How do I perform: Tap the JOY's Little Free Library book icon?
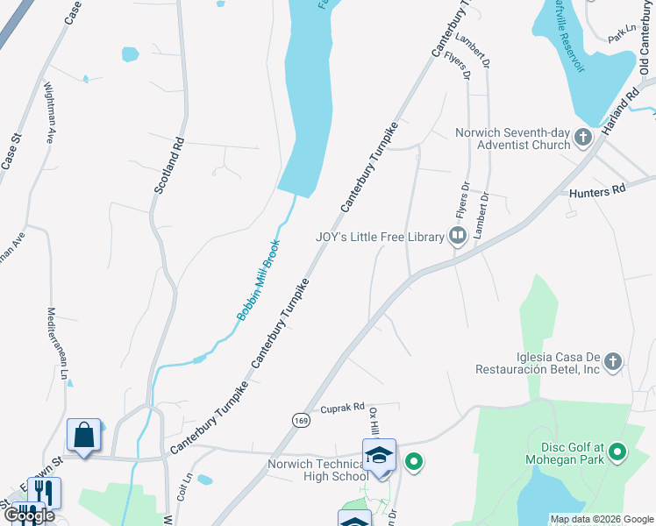click(x=457, y=236)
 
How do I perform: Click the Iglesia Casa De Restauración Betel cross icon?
click(x=613, y=361)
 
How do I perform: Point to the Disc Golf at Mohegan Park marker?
click(x=617, y=452)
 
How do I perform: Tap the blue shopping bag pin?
click(x=83, y=434)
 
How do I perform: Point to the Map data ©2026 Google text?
click(x=601, y=519)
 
